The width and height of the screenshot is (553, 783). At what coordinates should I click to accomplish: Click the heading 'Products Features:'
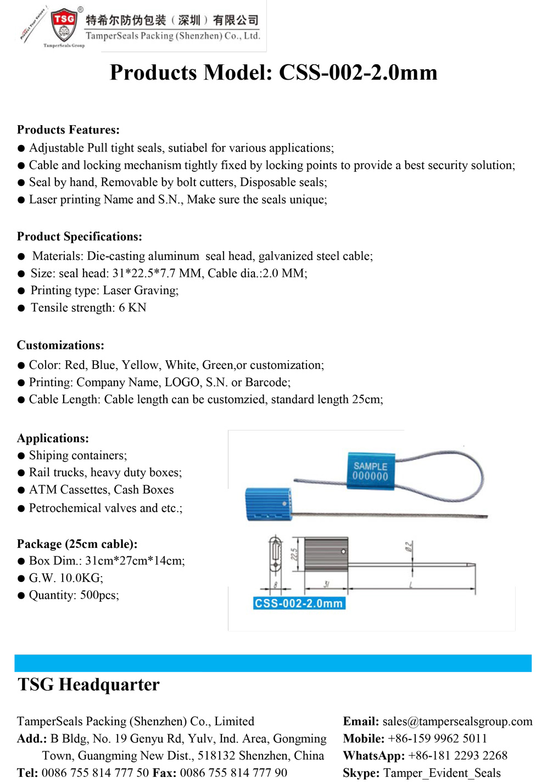tap(68, 130)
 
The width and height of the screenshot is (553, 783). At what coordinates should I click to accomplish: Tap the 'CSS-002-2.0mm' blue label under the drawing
tap(299, 603)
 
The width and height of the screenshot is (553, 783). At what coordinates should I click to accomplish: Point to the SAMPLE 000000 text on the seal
tap(370, 471)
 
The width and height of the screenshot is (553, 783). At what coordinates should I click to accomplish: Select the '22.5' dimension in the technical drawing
tap(294, 553)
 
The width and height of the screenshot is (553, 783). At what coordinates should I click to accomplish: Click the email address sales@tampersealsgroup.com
tap(457, 721)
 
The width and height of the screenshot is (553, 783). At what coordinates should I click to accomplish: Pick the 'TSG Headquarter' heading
tap(88, 685)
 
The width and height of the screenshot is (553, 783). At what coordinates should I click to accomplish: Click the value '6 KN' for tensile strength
tap(132, 307)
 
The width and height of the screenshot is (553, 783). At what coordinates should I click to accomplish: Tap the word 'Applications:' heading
tap(53, 438)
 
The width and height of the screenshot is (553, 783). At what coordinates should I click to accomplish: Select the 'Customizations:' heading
tap(60, 345)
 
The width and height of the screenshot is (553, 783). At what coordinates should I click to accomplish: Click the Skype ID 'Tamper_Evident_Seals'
tap(442, 773)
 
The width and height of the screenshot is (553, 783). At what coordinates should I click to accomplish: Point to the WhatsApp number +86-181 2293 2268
tap(457, 756)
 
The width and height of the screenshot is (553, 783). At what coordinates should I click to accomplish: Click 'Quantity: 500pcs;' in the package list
tap(74, 595)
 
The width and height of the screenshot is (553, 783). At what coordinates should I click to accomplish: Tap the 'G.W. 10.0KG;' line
tap(66, 578)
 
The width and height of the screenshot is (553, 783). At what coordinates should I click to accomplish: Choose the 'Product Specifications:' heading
tap(79, 237)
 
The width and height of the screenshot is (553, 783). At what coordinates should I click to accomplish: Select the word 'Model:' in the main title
tap(238, 72)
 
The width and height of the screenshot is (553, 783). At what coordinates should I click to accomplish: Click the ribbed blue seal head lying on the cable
tap(267, 504)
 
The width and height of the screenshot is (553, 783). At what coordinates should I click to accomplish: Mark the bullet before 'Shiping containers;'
tap(21, 456)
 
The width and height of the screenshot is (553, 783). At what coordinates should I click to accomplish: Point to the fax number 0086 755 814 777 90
tap(233, 773)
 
